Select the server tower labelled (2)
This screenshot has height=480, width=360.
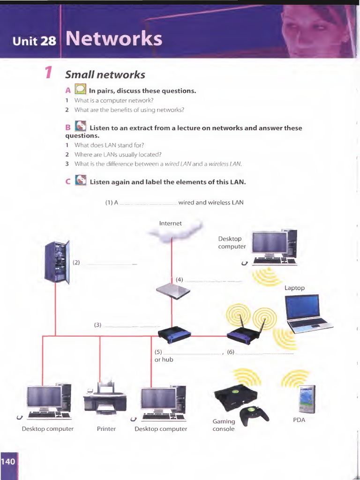[57, 262]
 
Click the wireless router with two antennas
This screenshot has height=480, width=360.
[244, 333]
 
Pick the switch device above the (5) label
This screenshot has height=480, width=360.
[174, 333]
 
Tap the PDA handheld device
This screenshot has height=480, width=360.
[307, 399]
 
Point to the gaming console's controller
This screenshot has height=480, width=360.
[254, 414]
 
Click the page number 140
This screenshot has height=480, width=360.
[8, 462]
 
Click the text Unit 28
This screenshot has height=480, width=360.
[34, 41]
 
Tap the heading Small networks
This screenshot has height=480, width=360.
[105, 75]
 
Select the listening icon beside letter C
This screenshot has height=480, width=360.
[81, 181]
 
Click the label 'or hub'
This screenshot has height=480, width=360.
[164, 360]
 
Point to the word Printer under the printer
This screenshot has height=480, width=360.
[106, 428]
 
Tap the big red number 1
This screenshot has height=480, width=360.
[48, 73]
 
